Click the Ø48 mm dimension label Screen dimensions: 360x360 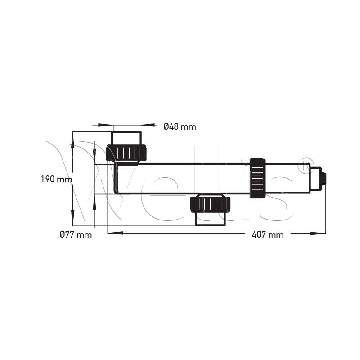tap(180, 126)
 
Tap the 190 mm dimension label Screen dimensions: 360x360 tap(57, 179)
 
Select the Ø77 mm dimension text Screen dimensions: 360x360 tap(76, 234)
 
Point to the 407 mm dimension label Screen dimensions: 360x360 tap(268, 234)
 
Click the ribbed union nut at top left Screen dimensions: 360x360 tap(126, 152)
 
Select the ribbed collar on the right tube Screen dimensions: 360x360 tap(257, 178)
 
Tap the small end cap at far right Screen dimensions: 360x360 tap(324, 179)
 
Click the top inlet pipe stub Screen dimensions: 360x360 tap(126, 138)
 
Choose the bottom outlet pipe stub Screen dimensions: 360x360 tap(211, 219)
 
